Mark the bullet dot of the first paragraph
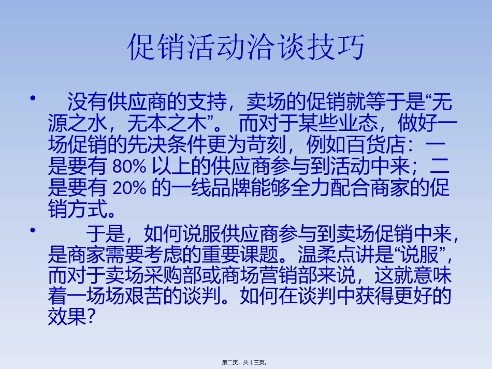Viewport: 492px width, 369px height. click(x=34, y=98)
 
